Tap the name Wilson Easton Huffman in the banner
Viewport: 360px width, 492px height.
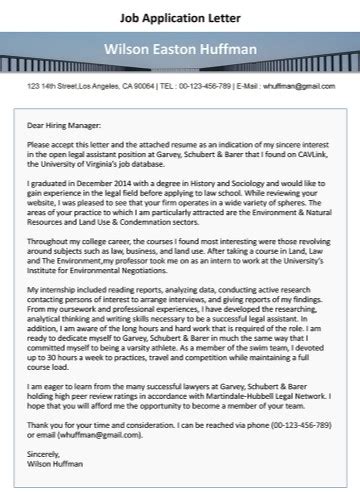click(x=180, y=49)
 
